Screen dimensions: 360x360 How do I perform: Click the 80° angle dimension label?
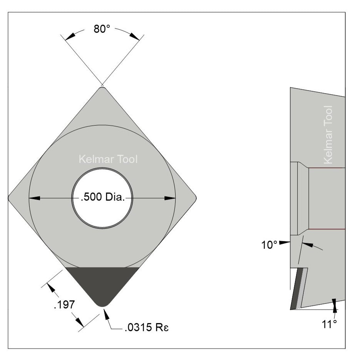(x=102, y=29)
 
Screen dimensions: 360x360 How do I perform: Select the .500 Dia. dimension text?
(x=102, y=198)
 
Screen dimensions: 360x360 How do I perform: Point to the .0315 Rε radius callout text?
(x=147, y=328)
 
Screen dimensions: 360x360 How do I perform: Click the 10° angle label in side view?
(x=270, y=245)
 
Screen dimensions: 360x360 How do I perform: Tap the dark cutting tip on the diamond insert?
(x=102, y=285)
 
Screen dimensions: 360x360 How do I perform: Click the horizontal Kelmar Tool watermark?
(x=108, y=159)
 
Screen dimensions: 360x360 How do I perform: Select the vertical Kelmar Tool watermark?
(x=328, y=135)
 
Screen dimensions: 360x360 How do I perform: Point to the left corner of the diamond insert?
(x=10, y=198)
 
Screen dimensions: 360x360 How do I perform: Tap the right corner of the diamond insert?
(x=195, y=198)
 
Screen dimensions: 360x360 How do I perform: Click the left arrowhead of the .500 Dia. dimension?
(x=35, y=198)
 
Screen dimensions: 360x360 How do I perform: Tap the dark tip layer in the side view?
(x=295, y=289)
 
